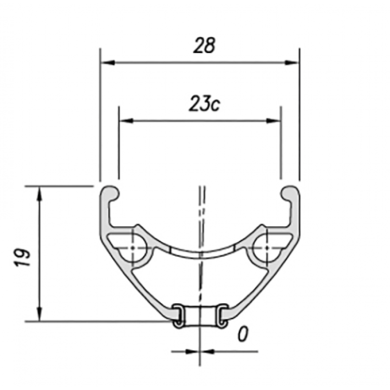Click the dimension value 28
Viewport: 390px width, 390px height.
204,45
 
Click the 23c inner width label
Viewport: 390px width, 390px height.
204,103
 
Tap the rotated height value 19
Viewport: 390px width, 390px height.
23,257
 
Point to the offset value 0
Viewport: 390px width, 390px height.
243,334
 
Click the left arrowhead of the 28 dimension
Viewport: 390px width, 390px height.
108,62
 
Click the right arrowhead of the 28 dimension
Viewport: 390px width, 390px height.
292,62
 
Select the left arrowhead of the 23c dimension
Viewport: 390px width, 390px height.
126,121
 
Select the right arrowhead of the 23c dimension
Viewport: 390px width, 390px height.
273,121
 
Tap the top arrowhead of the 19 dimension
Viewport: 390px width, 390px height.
40,193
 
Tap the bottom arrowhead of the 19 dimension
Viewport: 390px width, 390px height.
40,314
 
